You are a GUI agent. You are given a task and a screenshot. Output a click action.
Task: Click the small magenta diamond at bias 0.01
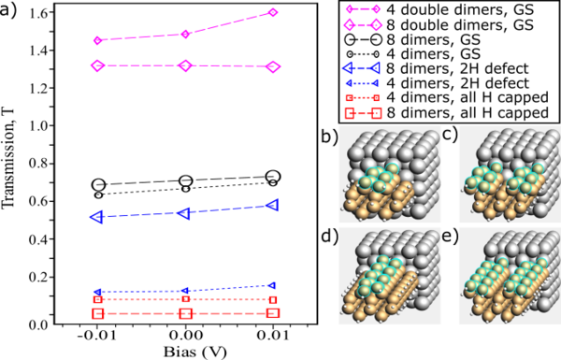[x=273, y=12]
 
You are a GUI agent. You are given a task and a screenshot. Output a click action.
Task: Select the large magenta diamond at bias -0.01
[x=97, y=65]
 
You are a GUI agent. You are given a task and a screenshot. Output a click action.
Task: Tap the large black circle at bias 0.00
[x=186, y=181]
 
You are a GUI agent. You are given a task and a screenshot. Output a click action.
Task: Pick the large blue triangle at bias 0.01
[x=273, y=205]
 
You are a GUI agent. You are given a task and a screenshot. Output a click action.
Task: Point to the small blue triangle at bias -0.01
[x=97, y=292]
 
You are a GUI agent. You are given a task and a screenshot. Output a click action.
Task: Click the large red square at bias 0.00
[x=185, y=314]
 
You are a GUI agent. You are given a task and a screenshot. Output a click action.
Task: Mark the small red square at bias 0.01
[x=273, y=300]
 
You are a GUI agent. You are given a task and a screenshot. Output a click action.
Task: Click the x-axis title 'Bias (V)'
[x=195, y=353]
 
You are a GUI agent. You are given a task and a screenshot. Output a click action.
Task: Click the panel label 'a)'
[x=8, y=10]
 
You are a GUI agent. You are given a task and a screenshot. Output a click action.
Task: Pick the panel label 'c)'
[x=451, y=137]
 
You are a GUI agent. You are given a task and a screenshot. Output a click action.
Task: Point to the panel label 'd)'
[x=330, y=238]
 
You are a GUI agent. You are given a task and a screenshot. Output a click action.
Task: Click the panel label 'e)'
[x=451, y=238]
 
